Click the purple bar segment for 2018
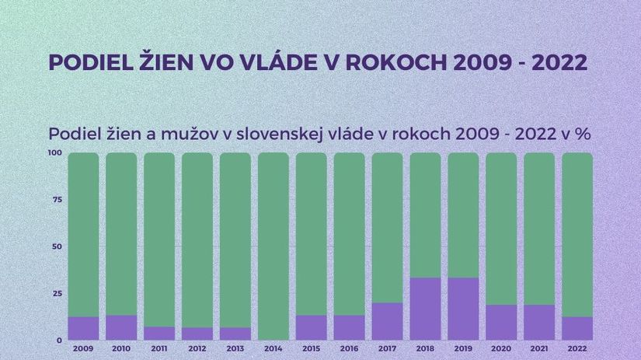click(425, 309)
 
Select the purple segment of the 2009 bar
click(83, 328)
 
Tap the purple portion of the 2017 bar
click(387, 322)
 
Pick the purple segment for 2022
click(577, 328)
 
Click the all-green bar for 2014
click(273, 246)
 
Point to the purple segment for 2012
click(197, 334)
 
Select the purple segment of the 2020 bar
click(501, 323)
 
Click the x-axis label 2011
click(159, 349)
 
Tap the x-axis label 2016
click(349, 349)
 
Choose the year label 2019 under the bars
click(463, 349)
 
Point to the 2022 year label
click(577, 349)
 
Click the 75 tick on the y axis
click(57, 200)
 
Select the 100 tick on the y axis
click(55, 152)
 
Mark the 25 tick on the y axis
click(57, 293)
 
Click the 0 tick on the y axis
click(60, 341)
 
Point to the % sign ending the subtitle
click(584, 134)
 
